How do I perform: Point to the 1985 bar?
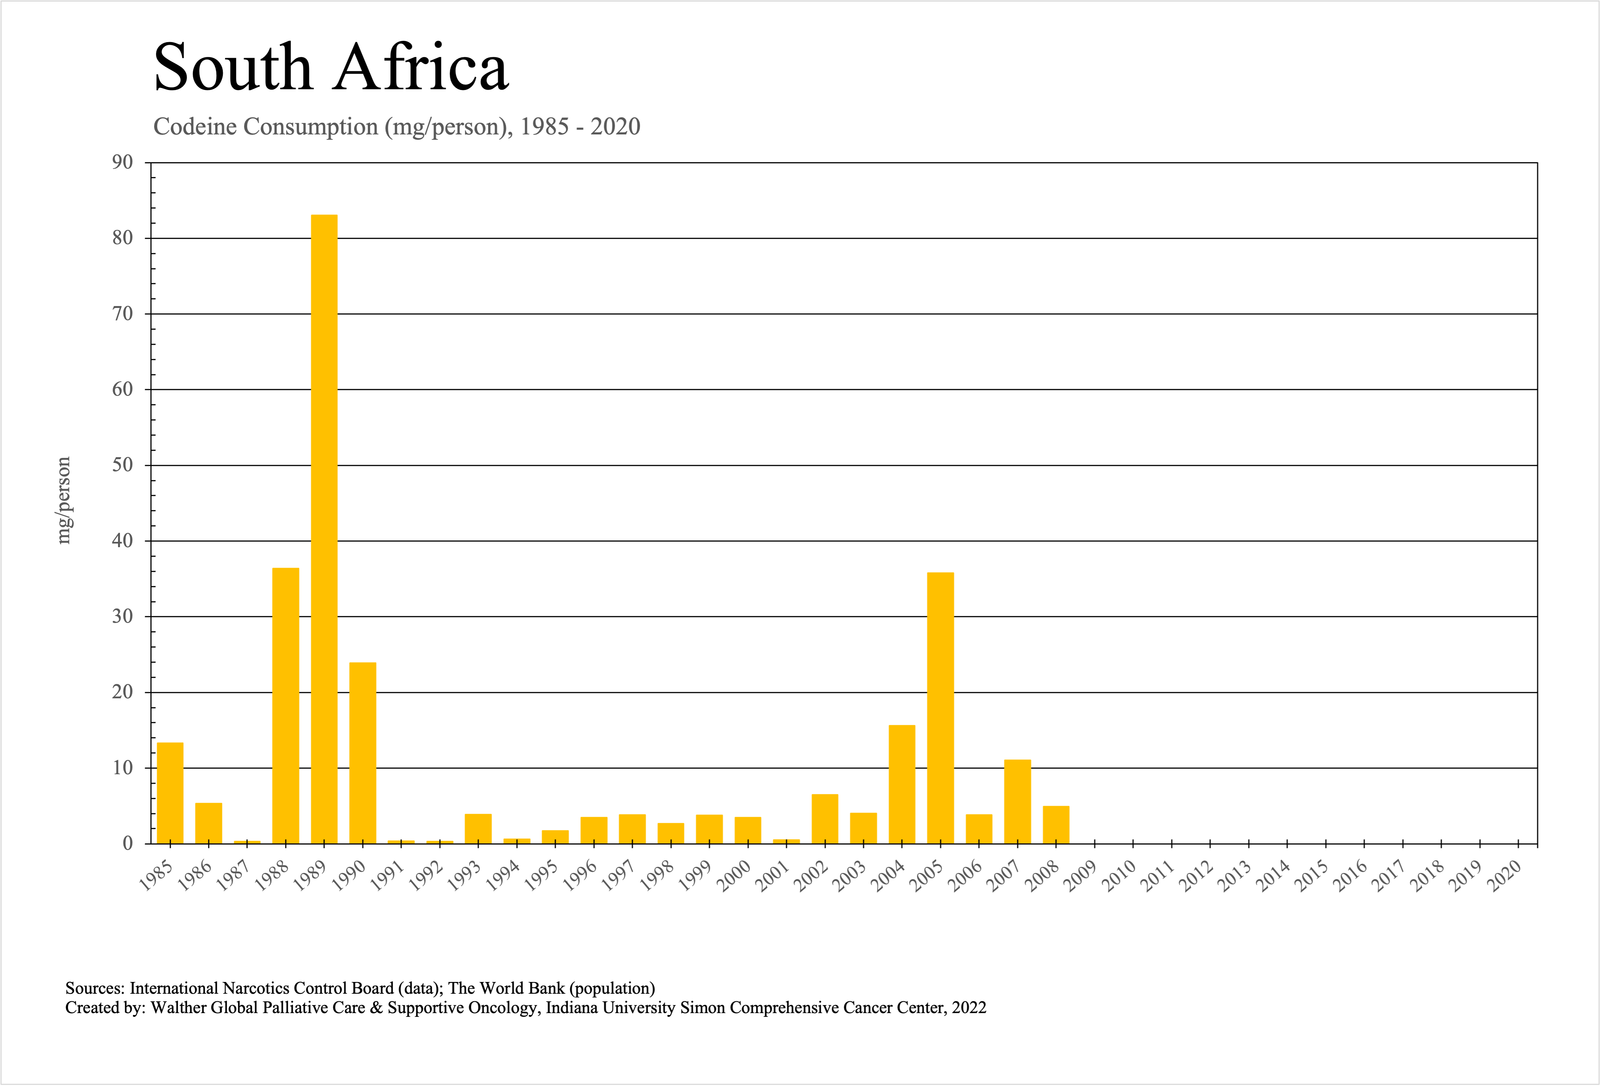tap(170, 793)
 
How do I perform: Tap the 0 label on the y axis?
tap(128, 843)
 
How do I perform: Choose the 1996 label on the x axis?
tap(580, 877)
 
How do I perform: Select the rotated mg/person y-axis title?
tap(63, 500)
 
